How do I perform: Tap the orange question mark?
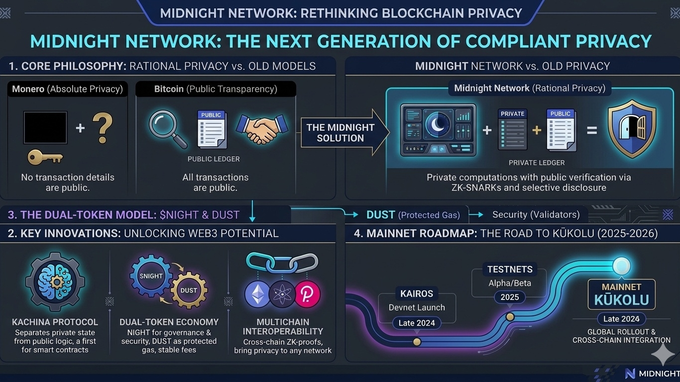[x=102, y=128]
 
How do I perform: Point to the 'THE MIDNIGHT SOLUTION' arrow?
[x=343, y=133]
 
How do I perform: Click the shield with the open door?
[x=632, y=129]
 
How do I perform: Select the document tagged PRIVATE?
[x=512, y=130]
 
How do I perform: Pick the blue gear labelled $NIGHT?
[x=151, y=276]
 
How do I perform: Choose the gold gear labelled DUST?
[x=189, y=290]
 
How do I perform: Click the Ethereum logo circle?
[x=257, y=294]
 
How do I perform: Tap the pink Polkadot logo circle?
[x=307, y=294]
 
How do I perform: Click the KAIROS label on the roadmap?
[x=417, y=293]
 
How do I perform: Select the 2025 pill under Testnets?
[x=510, y=297]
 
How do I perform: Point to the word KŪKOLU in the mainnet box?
[x=621, y=300]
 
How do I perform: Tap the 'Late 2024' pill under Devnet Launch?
[x=417, y=323]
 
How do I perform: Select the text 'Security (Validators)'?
[x=536, y=214]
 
